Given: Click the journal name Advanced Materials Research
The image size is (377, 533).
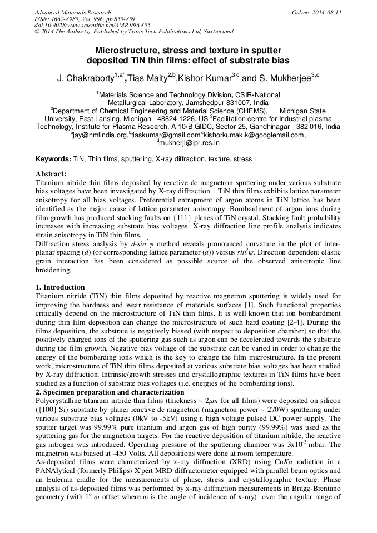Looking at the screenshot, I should click(72, 12).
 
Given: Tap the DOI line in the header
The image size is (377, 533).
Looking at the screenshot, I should click(92, 25).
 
